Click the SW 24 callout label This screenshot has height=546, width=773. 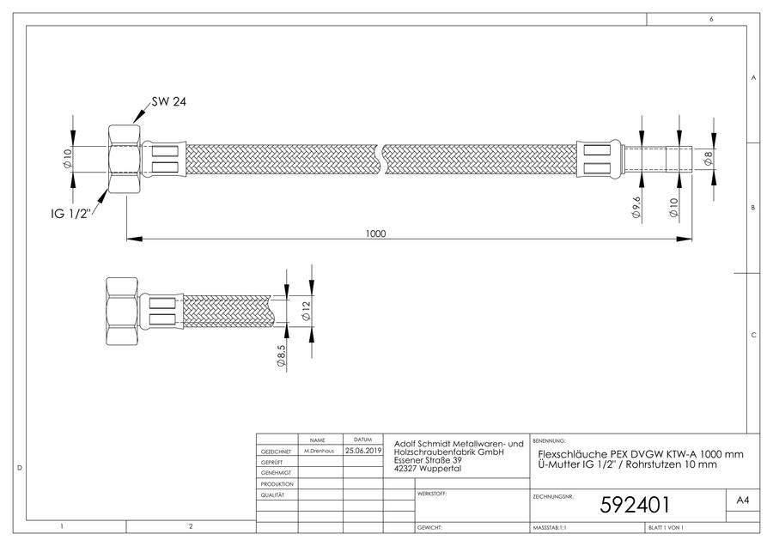169,102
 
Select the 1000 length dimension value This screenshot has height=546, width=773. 375,234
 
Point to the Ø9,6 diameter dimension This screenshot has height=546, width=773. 637,208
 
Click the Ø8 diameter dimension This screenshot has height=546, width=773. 709,158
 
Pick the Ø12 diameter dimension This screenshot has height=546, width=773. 306,311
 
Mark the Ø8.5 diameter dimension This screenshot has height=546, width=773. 281,355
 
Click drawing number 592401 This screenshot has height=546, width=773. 635,505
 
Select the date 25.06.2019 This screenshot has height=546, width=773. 363,451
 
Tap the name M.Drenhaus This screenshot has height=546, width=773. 319,451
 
